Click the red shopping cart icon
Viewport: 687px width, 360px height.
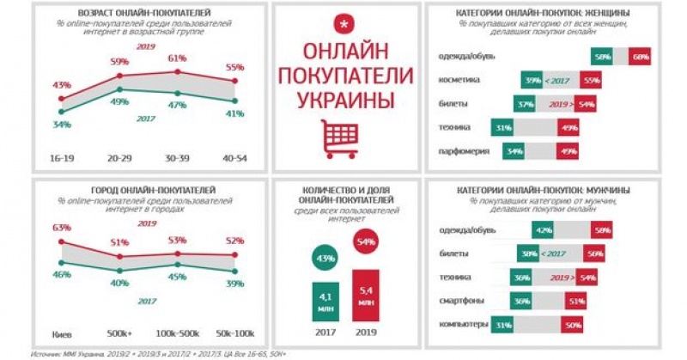pos(339,137)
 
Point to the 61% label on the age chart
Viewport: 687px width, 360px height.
pos(177,58)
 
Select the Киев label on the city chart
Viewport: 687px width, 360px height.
pos(59,328)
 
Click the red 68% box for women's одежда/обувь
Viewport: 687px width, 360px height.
pos(639,56)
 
